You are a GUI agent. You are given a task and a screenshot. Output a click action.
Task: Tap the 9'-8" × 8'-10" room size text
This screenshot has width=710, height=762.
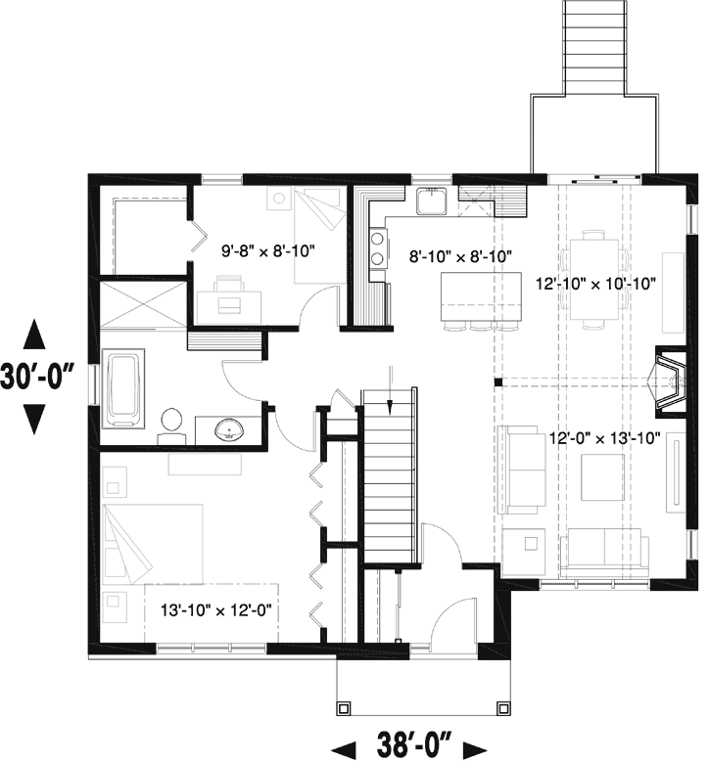(267, 250)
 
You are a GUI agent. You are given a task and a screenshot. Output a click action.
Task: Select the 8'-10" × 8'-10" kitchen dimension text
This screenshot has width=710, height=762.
(461, 257)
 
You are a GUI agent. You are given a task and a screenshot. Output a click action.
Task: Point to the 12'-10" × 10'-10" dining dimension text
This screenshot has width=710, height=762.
(594, 284)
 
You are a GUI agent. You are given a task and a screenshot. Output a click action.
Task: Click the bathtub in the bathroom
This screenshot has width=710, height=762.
(124, 390)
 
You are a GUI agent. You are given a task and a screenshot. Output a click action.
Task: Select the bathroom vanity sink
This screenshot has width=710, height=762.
(229, 427)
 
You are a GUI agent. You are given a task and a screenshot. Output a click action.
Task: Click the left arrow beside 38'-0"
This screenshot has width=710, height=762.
(343, 748)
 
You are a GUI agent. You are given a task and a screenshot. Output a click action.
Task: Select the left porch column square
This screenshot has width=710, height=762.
(344, 706)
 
